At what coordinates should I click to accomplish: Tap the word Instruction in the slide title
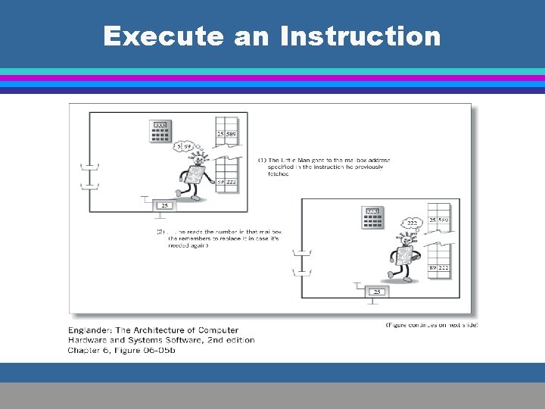(x=360, y=36)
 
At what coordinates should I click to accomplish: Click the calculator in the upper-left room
(x=160, y=132)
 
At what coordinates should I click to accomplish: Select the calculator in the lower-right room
(x=372, y=217)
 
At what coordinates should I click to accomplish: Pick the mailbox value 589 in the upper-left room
(x=232, y=135)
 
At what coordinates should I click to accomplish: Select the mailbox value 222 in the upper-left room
(x=232, y=182)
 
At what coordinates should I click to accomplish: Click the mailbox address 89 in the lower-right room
(x=433, y=267)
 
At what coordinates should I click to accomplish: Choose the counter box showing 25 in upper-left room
(x=163, y=205)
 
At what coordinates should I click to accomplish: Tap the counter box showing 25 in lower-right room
(x=376, y=291)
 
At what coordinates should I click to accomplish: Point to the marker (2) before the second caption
(x=160, y=230)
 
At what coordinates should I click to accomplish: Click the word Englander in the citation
(x=91, y=330)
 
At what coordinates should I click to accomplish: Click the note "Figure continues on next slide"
(x=431, y=324)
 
